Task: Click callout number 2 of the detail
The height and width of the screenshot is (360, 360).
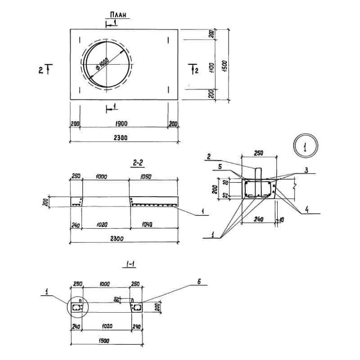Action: pyautogui.click(x=210, y=157)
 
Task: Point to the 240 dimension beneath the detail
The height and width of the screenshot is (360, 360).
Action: pyautogui.click(x=257, y=219)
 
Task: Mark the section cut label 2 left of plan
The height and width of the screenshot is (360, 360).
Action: pyautogui.click(x=41, y=70)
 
